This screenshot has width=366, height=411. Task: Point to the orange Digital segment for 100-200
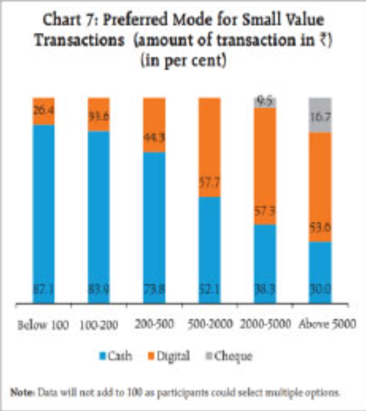[98, 114]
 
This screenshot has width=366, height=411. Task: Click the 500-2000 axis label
[206, 324]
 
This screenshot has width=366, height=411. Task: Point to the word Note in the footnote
[21, 392]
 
